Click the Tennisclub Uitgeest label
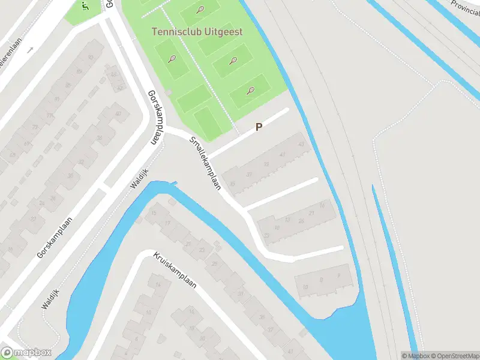point(197,31)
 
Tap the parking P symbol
point(259,127)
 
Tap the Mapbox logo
point(26,353)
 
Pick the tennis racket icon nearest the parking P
point(250,91)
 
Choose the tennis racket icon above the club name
point(200,10)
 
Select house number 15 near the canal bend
point(154,214)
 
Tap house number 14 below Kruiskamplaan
point(159,284)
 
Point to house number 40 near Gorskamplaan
point(118,114)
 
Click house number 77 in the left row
point(34,127)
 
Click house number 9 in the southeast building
point(322,279)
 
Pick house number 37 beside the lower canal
point(270,330)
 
